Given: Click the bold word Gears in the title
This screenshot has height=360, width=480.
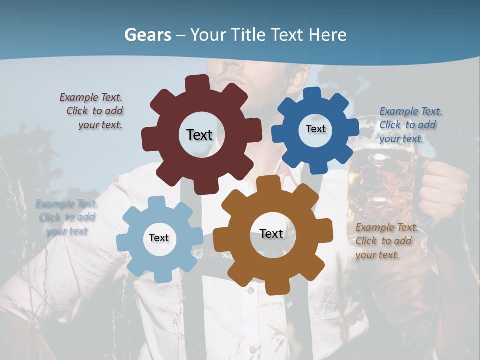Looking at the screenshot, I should click(x=147, y=35).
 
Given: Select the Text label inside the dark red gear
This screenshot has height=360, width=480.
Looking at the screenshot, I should click(x=199, y=135).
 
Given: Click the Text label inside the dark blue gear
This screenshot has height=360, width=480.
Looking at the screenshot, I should click(x=315, y=129).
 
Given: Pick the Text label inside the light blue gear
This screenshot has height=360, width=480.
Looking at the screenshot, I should click(x=159, y=238).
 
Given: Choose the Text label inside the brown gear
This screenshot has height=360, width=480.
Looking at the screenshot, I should click(x=271, y=233).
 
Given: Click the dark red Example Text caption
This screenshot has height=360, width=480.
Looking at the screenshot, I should click(x=91, y=111).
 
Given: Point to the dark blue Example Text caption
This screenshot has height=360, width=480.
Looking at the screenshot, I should click(x=410, y=125).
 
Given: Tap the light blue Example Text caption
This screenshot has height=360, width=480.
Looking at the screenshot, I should click(x=67, y=217).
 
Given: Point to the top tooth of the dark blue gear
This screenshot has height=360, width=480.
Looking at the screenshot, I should click(x=312, y=93).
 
